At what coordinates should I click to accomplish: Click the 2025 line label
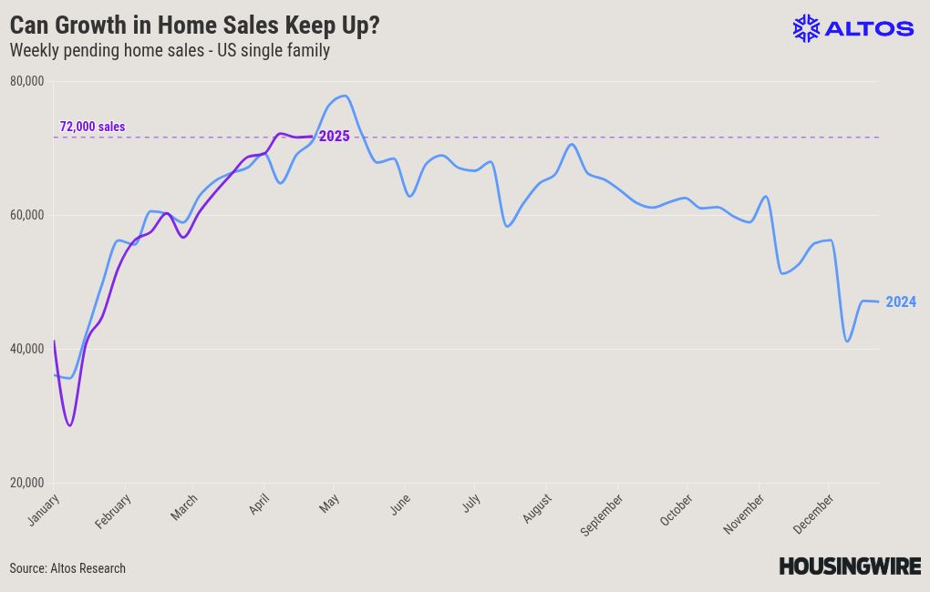click(x=334, y=137)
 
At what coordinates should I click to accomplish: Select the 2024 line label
click(x=900, y=301)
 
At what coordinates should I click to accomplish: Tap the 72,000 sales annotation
click(x=92, y=127)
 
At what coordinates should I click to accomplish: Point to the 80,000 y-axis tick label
click(x=27, y=81)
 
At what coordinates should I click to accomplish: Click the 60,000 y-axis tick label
click(x=27, y=215)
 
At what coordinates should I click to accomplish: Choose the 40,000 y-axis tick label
click(x=27, y=349)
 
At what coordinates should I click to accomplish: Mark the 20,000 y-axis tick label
click(x=27, y=483)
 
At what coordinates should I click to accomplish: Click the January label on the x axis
click(x=44, y=510)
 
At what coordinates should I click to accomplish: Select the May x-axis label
click(x=329, y=503)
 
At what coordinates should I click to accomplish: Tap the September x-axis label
click(x=602, y=515)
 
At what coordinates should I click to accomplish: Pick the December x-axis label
click(x=813, y=514)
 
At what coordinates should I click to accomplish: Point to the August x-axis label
click(x=537, y=508)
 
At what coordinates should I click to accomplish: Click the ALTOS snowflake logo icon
click(x=806, y=28)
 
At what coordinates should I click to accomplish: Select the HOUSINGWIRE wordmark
click(x=850, y=566)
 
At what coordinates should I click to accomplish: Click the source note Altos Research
click(x=67, y=568)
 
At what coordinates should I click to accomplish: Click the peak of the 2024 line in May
click(x=345, y=96)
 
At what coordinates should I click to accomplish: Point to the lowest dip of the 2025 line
click(x=70, y=425)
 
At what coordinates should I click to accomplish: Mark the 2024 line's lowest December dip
click(x=847, y=342)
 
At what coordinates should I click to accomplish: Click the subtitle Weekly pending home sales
click(x=107, y=50)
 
